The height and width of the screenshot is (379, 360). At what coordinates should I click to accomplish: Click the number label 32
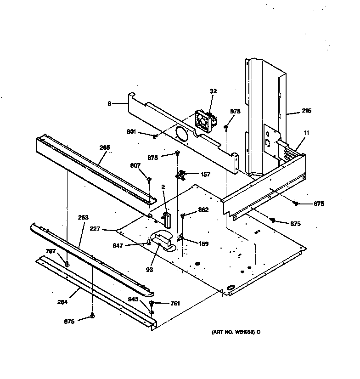tap(213, 91)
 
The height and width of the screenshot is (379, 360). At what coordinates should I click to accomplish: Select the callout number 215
tap(306, 111)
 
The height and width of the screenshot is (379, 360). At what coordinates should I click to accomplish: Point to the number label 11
tap(306, 133)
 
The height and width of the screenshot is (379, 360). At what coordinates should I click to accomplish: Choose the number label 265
tap(105, 147)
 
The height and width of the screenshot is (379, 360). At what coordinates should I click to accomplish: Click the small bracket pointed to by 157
tap(182, 174)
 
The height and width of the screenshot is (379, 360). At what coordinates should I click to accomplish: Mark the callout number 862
tap(203, 209)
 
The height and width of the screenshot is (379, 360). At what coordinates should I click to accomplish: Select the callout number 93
tap(149, 269)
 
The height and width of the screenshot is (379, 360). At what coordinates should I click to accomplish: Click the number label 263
tap(83, 217)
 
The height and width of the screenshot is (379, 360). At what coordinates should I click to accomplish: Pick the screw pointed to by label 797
tap(67, 264)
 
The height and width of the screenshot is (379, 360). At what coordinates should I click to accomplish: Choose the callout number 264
tap(63, 302)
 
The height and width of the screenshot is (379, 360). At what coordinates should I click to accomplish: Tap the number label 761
tap(175, 303)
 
